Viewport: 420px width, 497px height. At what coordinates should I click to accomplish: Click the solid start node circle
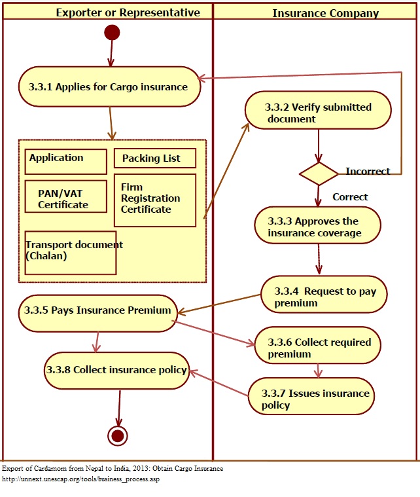tap(112, 33)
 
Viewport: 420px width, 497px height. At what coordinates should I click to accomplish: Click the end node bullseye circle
tap(118, 435)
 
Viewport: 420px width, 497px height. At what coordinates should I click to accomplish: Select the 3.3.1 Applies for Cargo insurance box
tap(109, 86)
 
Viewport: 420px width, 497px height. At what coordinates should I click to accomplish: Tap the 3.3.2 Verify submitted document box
tap(318, 113)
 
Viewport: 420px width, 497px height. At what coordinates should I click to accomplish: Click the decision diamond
tap(319, 173)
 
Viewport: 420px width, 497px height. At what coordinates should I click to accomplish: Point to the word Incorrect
tap(368, 172)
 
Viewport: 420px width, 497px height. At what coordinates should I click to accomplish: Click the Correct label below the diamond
tap(350, 197)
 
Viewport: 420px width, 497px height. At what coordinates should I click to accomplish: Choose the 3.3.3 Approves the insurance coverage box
tap(317, 227)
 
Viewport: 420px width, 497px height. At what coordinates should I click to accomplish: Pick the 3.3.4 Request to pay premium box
tap(324, 297)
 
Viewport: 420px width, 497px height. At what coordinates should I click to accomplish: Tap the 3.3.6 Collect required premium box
tap(317, 348)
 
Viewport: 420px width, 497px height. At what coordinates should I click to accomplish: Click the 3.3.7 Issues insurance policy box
tap(311, 399)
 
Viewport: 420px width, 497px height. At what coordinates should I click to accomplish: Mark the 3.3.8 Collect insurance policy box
tap(116, 370)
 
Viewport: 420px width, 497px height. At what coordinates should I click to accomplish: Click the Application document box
tap(65, 161)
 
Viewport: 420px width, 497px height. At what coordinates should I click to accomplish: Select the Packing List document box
tap(155, 158)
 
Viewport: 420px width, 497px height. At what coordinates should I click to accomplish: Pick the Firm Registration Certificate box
tap(155, 200)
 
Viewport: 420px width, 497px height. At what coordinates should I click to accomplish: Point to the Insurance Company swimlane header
tap(316, 13)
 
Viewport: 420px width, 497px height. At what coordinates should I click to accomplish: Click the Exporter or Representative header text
tap(128, 13)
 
